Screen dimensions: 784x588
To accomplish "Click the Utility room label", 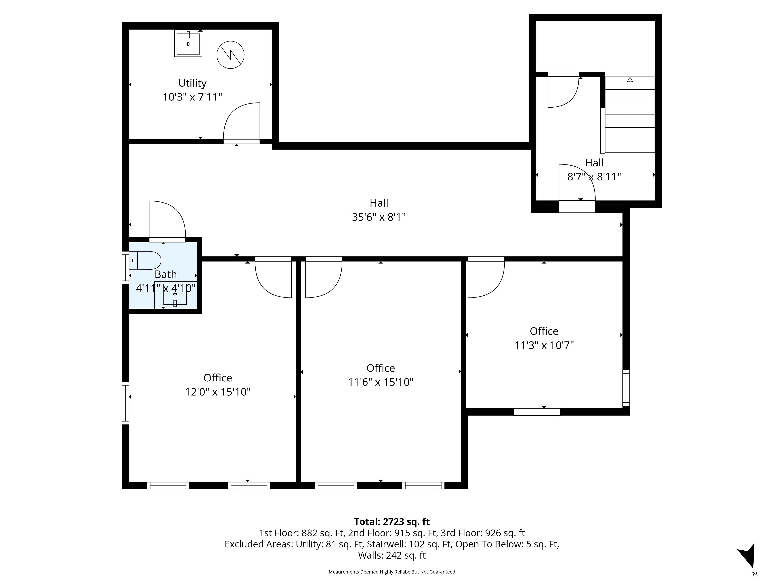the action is (x=193, y=83).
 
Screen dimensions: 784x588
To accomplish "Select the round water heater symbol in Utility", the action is (x=230, y=55).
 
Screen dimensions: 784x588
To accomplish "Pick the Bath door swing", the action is (x=167, y=220).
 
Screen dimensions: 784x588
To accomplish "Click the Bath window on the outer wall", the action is (x=125, y=268).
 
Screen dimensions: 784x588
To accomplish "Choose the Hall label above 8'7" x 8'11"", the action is (x=594, y=163).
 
